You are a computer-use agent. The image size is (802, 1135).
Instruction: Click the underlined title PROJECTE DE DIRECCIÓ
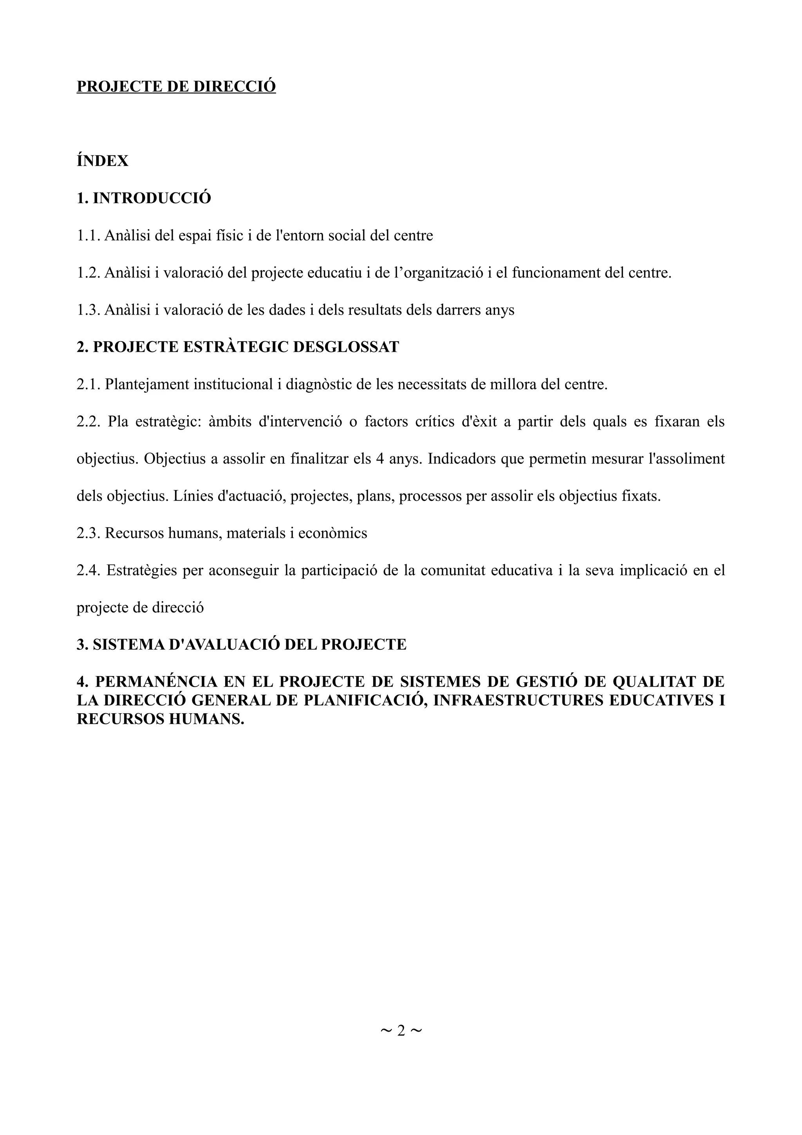click(176, 87)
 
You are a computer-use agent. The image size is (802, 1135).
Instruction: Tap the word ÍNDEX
click(102, 161)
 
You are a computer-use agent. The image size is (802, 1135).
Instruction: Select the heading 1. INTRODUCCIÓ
click(144, 198)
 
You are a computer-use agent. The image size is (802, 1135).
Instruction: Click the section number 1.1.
click(89, 236)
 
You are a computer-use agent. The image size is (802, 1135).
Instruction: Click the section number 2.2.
click(89, 422)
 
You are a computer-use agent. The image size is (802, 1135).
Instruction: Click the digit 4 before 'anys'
click(380, 459)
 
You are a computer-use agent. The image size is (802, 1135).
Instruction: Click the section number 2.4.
click(89, 571)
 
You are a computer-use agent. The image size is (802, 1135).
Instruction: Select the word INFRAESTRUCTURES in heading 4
click(517, 701)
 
